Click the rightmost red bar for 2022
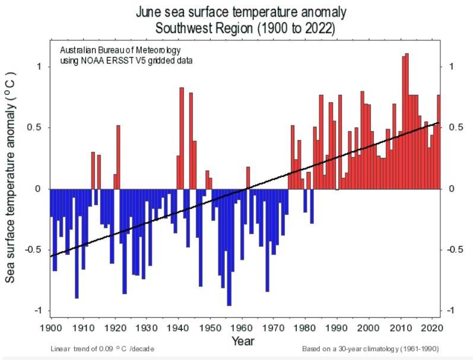pos(439,142)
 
